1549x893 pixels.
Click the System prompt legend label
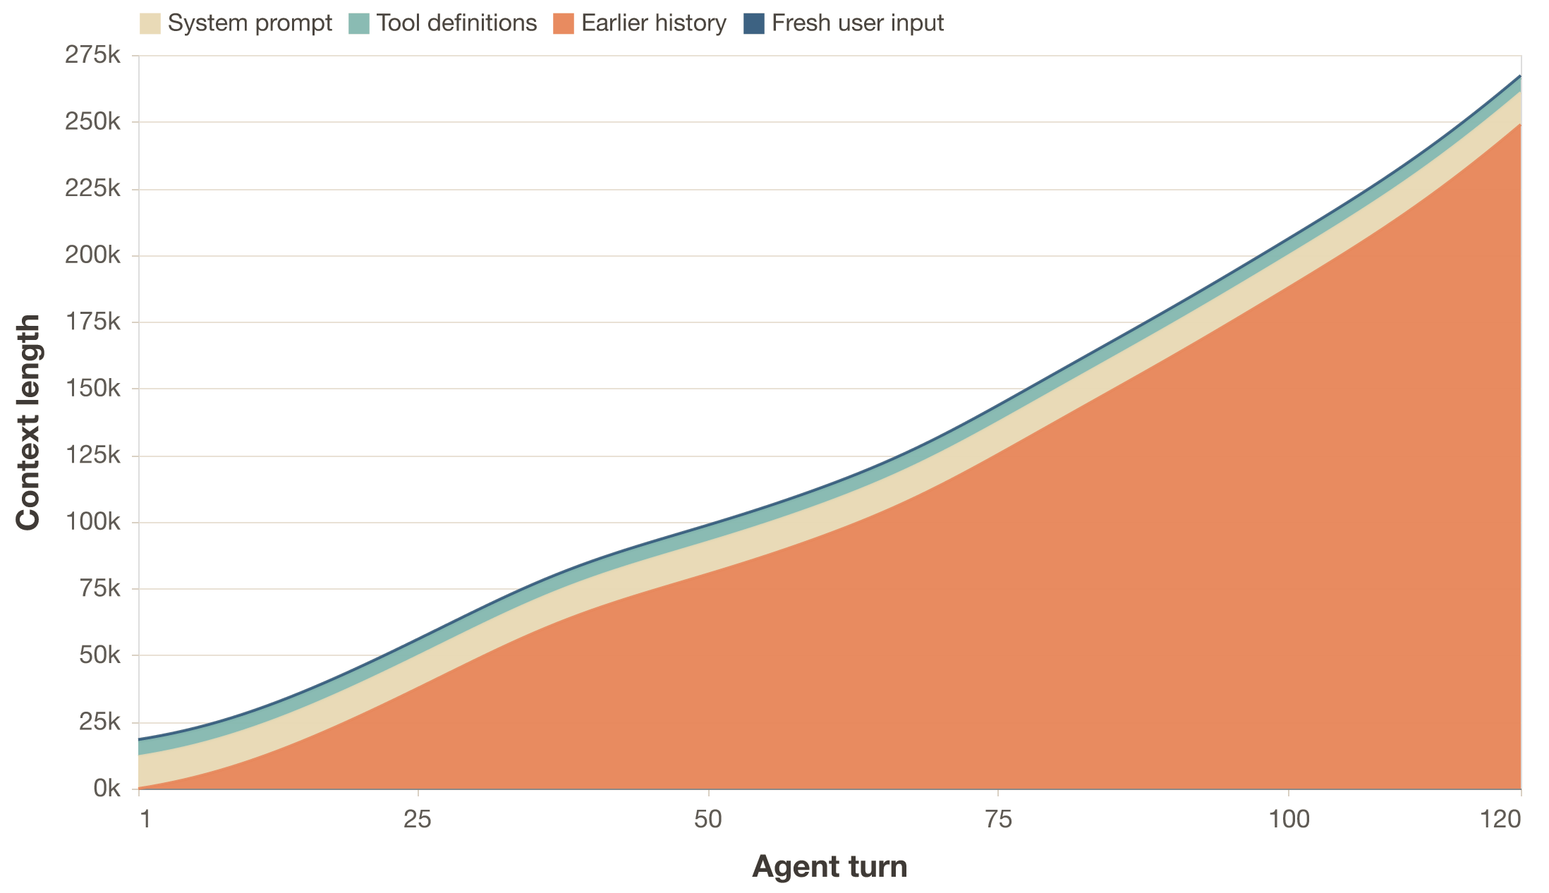[250, 23]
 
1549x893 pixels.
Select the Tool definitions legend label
[456, 23]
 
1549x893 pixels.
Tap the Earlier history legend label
[654, 23]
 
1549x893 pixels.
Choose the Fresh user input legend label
[858, 23]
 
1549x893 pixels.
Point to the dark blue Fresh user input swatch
[755, 23]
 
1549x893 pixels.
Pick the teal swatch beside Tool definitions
[359, 23]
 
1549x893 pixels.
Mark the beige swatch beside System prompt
[150, 23]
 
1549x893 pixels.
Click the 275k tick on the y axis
[92, 56]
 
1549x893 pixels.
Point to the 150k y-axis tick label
[92, 389]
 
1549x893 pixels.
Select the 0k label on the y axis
[107, 789]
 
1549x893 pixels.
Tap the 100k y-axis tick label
[92, 523]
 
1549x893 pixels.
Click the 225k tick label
[92, 189]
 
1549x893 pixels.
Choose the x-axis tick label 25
[418, 820]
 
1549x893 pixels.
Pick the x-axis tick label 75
[998, 820]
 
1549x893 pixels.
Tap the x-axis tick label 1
[145, 820]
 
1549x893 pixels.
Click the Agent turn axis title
[830, 867]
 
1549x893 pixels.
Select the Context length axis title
[28, 422]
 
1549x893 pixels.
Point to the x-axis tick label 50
[707, 820]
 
